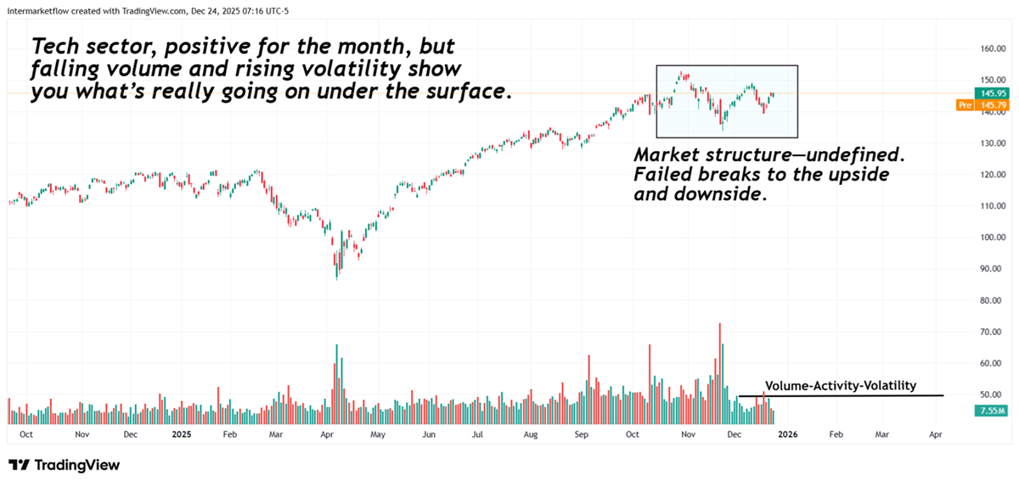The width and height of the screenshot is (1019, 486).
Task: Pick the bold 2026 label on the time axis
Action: click(787, 433)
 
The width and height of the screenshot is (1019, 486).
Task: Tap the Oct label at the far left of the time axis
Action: click(26, 433)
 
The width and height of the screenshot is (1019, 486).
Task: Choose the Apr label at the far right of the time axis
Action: click(936, 433)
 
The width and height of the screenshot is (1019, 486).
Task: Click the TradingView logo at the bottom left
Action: click(65, 465)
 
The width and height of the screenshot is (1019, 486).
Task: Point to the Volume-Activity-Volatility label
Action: click(840, 386)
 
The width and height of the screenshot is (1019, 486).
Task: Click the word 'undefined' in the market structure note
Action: click(865, 156)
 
